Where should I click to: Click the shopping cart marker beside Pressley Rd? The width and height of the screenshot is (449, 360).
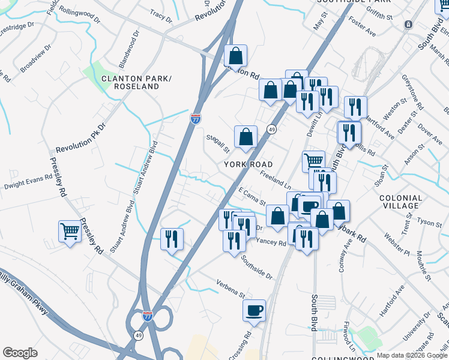tap(70, 232)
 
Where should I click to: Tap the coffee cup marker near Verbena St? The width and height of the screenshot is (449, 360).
tap(254, 310)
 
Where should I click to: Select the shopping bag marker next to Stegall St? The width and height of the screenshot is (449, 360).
tap(246, 137)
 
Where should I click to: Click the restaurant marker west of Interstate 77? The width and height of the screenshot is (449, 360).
tap(172, 239)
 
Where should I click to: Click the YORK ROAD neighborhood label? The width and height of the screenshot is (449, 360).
tap(249, 164)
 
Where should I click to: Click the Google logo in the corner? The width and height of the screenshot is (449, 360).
tap(20, 353)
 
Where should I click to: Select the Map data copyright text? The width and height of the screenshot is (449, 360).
tap(411, 355)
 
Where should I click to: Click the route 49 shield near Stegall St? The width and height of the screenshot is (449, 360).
tap(271, 130)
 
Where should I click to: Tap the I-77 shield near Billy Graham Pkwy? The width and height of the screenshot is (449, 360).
tap(148, 314)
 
